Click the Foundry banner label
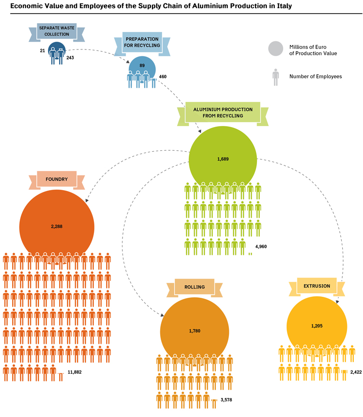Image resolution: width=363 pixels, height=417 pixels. click(x=57, y=179)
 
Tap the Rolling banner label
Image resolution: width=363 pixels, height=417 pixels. click(x=195, y=287)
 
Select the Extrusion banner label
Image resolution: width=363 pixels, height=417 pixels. click(x=317, y=286)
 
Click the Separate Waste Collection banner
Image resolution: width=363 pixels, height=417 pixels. click(x=57, y=32)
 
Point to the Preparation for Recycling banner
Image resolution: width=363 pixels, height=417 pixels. click(x=142, y=43)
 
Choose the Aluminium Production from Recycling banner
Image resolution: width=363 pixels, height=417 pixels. click(x=223, y=113)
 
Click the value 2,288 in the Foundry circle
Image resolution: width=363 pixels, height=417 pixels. click(x=57, y=226)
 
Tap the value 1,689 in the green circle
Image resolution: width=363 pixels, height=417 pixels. click(x=223, y=159)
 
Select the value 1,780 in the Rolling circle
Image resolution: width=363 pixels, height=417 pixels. click(x=195, y=331)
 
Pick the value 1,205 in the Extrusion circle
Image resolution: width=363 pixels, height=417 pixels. click(x=317, y=326)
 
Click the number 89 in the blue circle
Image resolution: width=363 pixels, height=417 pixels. click(x=142, y=65)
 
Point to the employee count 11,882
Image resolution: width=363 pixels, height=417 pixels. click(x=75, y=372)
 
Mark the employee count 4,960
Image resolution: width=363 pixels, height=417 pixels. click(x=261, y=246)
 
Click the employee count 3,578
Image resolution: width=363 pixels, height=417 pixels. click(x=226, y=400)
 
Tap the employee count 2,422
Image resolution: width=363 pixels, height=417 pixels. click(x=356, y=372)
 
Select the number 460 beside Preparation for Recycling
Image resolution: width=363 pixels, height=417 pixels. click(x=163, y=77)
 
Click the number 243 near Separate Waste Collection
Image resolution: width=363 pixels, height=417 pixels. click(x=70, y=58)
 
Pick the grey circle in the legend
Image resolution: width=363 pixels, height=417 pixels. click(x=275, y=48)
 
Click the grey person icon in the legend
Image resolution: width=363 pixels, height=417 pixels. click(x=275, y=77)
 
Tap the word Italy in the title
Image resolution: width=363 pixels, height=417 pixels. click(x=285, y=6)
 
